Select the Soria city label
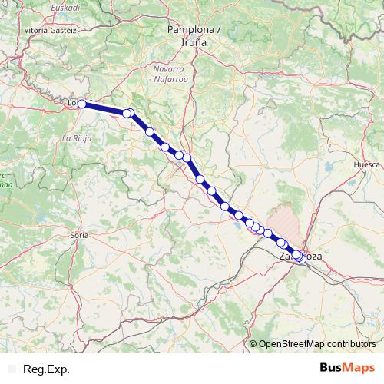pyautogui.click(x=78, y=233)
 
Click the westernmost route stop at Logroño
pyautogui.click(x=81, y=103)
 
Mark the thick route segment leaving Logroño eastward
pyautogui.click(x=104, y=108)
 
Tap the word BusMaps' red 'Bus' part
pyautogui.click(x=332, y=369)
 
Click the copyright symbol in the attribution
pyautogui.click(x=253, y=345)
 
